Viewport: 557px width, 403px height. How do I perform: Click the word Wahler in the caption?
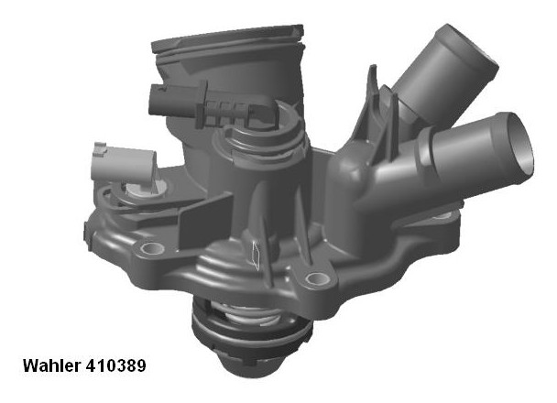click(52, 365)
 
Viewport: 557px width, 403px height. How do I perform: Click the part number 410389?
click(115, 365)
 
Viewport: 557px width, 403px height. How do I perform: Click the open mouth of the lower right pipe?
click(519, 148)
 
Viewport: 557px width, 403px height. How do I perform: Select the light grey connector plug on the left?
click(123, 166)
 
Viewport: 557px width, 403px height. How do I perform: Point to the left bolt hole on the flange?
click(153, 248)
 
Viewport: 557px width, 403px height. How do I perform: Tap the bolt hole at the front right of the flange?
click(315, 279)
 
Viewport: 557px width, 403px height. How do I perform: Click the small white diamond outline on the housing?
click(256, 255)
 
